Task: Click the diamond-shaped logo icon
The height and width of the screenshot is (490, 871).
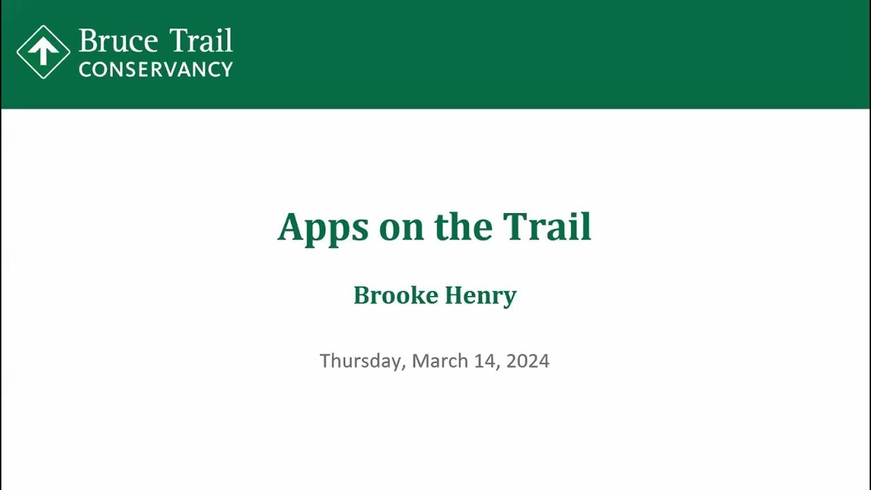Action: [x=44, y=52]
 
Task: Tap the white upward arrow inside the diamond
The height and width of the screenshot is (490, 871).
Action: [x=44, y=51]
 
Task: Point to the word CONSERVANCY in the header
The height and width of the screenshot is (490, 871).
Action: [x=156, y=69]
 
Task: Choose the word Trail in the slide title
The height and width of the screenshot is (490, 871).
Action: [x=547, y=227]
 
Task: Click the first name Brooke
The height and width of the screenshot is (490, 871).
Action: [x=395, y=295]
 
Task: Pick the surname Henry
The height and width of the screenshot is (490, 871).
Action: [x=480, y=296]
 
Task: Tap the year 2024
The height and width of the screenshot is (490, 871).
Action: [x=527, y=361]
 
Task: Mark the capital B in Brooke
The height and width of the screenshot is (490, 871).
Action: [x=361, y=295]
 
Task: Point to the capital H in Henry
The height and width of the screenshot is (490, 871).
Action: [x=453, y=295]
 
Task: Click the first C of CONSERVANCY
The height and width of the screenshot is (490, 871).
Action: [x=85, y=69]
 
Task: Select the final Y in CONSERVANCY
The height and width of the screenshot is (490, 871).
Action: [x=227, y=69]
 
